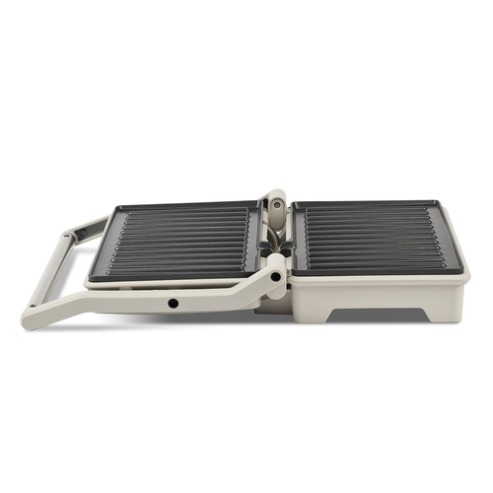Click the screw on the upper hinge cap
tap(276, 205)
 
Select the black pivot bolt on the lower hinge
tap(275, 276)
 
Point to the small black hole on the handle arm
tap(174, 303)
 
